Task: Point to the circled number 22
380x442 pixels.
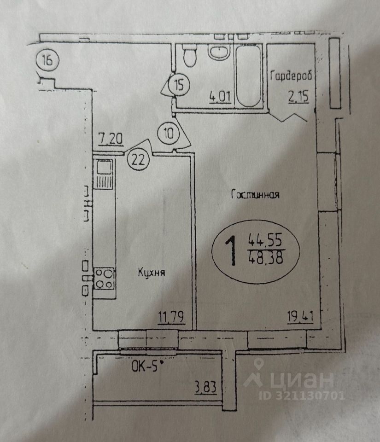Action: (138, 160)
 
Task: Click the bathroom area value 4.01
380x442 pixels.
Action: (220, 98)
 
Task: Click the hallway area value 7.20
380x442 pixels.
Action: (111, 138)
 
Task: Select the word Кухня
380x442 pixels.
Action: (151, 273)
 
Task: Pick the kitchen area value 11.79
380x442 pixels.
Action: (171, 317)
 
